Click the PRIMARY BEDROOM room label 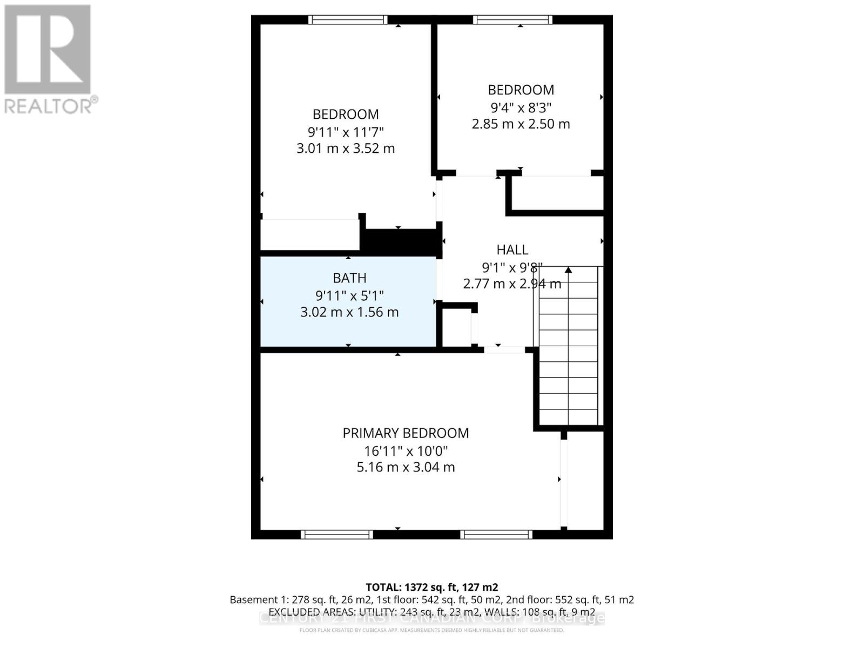pos(406,433)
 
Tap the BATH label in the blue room pos(349,278)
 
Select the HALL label pos(512,250)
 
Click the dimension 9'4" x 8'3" pos(521,107)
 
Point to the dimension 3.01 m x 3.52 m pos(346,148)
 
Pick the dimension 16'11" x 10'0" pos(406,451)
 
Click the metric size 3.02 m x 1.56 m pos(349,312)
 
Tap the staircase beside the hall pos(569,346)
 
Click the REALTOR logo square pos(48,50)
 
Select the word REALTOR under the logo pos(49,106)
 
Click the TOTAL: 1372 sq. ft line pos(431,588)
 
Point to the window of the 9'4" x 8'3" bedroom pos(512,20)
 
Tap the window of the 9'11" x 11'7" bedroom pos(348,20)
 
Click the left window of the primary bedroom pos(337,535)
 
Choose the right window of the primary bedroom pos(496,535)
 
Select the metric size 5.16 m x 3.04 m pos(406,468)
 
